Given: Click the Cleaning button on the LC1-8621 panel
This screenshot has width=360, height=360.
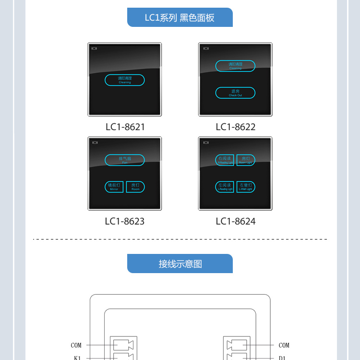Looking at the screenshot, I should coord(125,80).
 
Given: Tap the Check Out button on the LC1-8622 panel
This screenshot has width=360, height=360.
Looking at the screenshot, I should coord(235,93).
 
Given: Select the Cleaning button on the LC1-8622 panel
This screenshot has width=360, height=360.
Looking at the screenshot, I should coord(235,66).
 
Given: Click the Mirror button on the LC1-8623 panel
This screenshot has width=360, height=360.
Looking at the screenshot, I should coord(114,187).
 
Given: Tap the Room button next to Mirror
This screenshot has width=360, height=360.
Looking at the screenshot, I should coord(135,187).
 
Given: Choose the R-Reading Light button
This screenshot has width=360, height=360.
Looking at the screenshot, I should coord(225,160).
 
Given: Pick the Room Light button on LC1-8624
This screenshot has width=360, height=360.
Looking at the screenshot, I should coord(246,160).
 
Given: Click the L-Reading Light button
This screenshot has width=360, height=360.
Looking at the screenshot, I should coord(225,187).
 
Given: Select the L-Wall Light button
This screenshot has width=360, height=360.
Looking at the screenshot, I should coord(246,187).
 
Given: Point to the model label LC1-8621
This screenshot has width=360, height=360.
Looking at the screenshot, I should coord(125,127).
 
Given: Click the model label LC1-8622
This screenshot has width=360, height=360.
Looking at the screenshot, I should coord(235,127).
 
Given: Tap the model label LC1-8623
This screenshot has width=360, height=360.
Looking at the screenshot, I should coord(125,221).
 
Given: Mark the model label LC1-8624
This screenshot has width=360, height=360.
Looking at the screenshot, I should coord(235,221).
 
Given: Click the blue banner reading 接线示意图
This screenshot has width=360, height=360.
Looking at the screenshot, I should coord(180,264).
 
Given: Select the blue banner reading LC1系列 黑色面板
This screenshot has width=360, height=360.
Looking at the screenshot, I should coord(180,18).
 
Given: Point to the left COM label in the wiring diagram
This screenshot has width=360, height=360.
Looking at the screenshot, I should coord(76,345).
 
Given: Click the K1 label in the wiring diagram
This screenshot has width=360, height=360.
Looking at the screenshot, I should coord(77,358).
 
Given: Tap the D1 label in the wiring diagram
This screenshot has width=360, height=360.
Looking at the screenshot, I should coord(282,358).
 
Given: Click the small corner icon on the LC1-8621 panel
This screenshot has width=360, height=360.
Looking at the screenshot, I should coord(95,48).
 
